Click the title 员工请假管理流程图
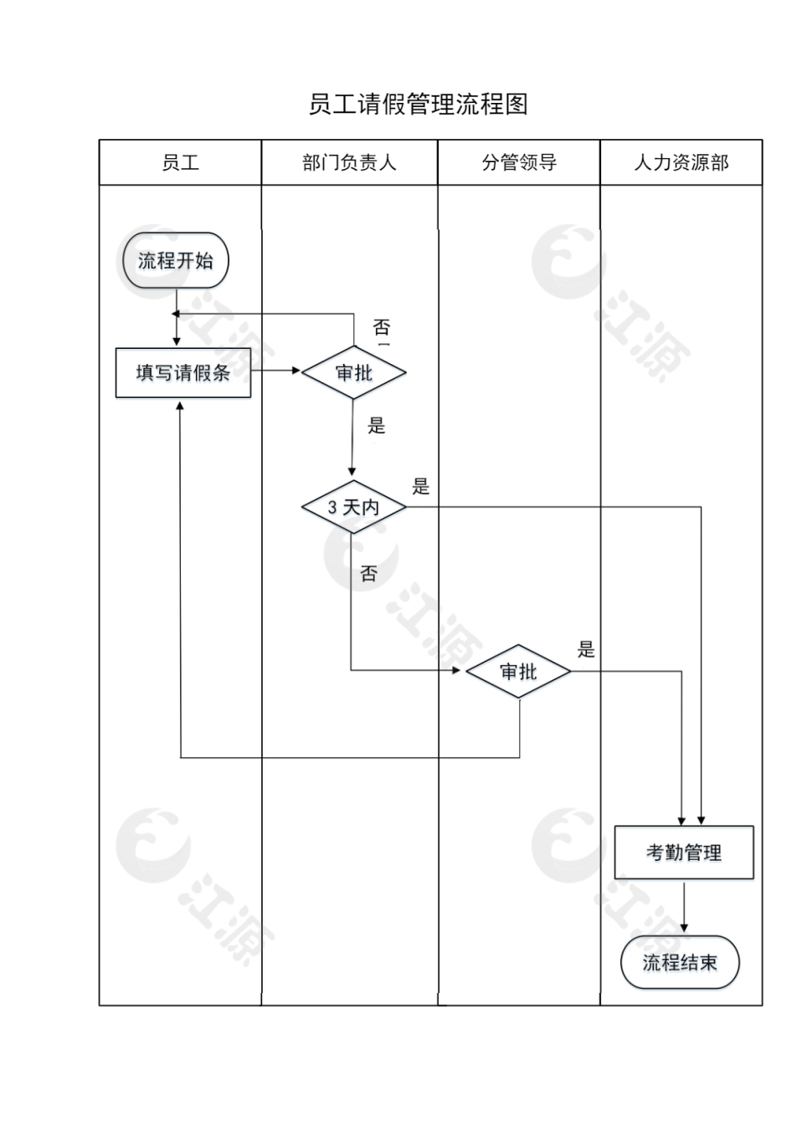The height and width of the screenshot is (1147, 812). point(418,105)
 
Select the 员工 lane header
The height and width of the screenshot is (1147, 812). point(180,162)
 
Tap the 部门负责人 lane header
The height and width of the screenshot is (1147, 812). point(349,162)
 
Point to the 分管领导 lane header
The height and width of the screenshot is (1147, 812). point(519,162)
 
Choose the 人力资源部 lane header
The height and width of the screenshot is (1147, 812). point(681,162)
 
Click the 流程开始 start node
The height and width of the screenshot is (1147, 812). point(176,261)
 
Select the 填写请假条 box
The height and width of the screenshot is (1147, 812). point(182,372)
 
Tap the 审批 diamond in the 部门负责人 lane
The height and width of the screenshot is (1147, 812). point(353,372)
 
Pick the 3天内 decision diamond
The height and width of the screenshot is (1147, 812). point(353,507)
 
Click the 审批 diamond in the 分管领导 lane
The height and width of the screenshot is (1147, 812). point(518,671)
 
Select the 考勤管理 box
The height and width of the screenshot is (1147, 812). point(684,853)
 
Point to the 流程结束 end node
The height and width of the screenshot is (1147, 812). point(680,963)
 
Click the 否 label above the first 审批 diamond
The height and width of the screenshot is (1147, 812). point(382,327)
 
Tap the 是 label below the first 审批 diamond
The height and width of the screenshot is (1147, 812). point(377,426)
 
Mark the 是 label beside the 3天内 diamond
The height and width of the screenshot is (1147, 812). point(421,486)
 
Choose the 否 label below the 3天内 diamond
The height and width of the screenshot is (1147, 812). point(369,574)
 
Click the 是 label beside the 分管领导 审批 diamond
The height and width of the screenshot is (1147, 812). point(586,649)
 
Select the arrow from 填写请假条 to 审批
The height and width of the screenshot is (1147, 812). point(276,371)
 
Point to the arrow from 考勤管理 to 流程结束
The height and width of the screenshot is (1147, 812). point(684,906)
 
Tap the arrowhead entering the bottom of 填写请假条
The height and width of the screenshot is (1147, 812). point(180,406)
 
